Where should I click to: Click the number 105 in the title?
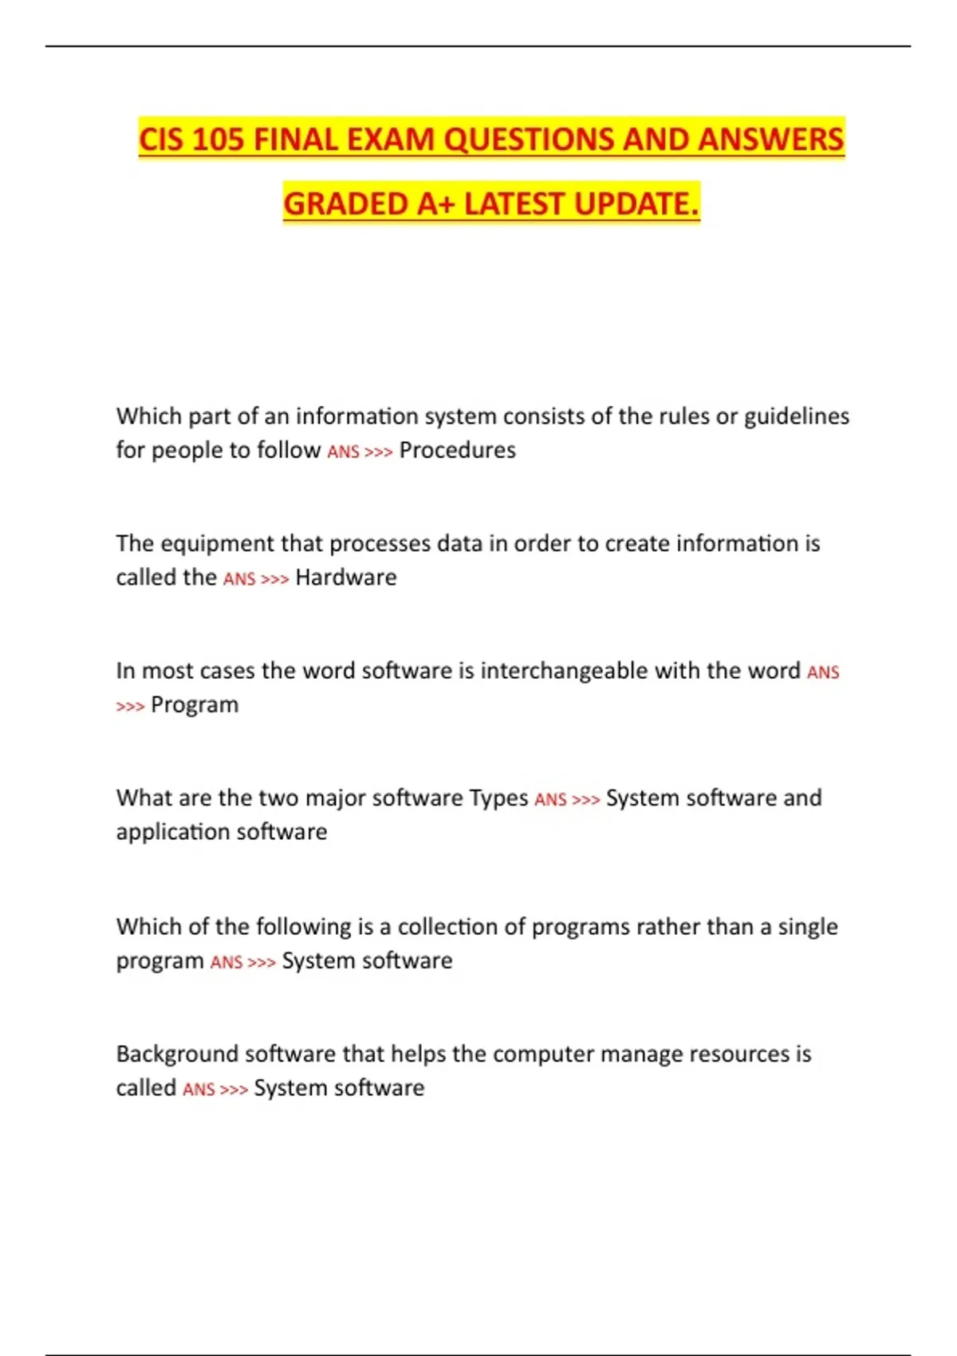217,140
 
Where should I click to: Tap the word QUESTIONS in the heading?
528,140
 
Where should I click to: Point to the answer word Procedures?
457,450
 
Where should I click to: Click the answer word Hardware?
345,577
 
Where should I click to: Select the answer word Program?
195,705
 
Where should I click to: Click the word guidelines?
797,416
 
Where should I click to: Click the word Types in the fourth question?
498,798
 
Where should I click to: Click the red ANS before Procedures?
343,451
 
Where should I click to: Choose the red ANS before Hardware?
239,579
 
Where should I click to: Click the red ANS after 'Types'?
550,800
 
